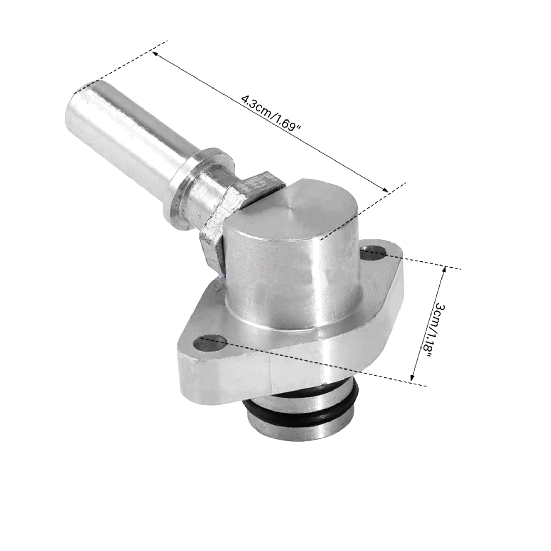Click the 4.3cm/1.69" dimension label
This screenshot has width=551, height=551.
tap(271, 113)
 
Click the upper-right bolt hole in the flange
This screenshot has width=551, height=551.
tap(375, 251)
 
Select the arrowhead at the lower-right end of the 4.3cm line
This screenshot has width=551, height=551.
tap(385, 189)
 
